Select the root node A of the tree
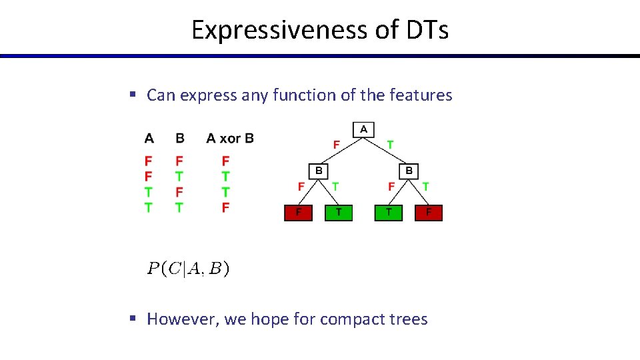363,129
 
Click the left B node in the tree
318,171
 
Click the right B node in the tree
409,171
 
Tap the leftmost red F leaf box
299,213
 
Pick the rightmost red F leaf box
429,213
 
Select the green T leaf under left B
339,213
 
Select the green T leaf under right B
389,213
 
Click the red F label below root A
336,145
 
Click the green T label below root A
390,145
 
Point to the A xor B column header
230,138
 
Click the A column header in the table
149,138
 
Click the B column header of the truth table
179,138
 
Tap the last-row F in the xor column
225,207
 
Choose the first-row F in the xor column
225,161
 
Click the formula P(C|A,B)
189,269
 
